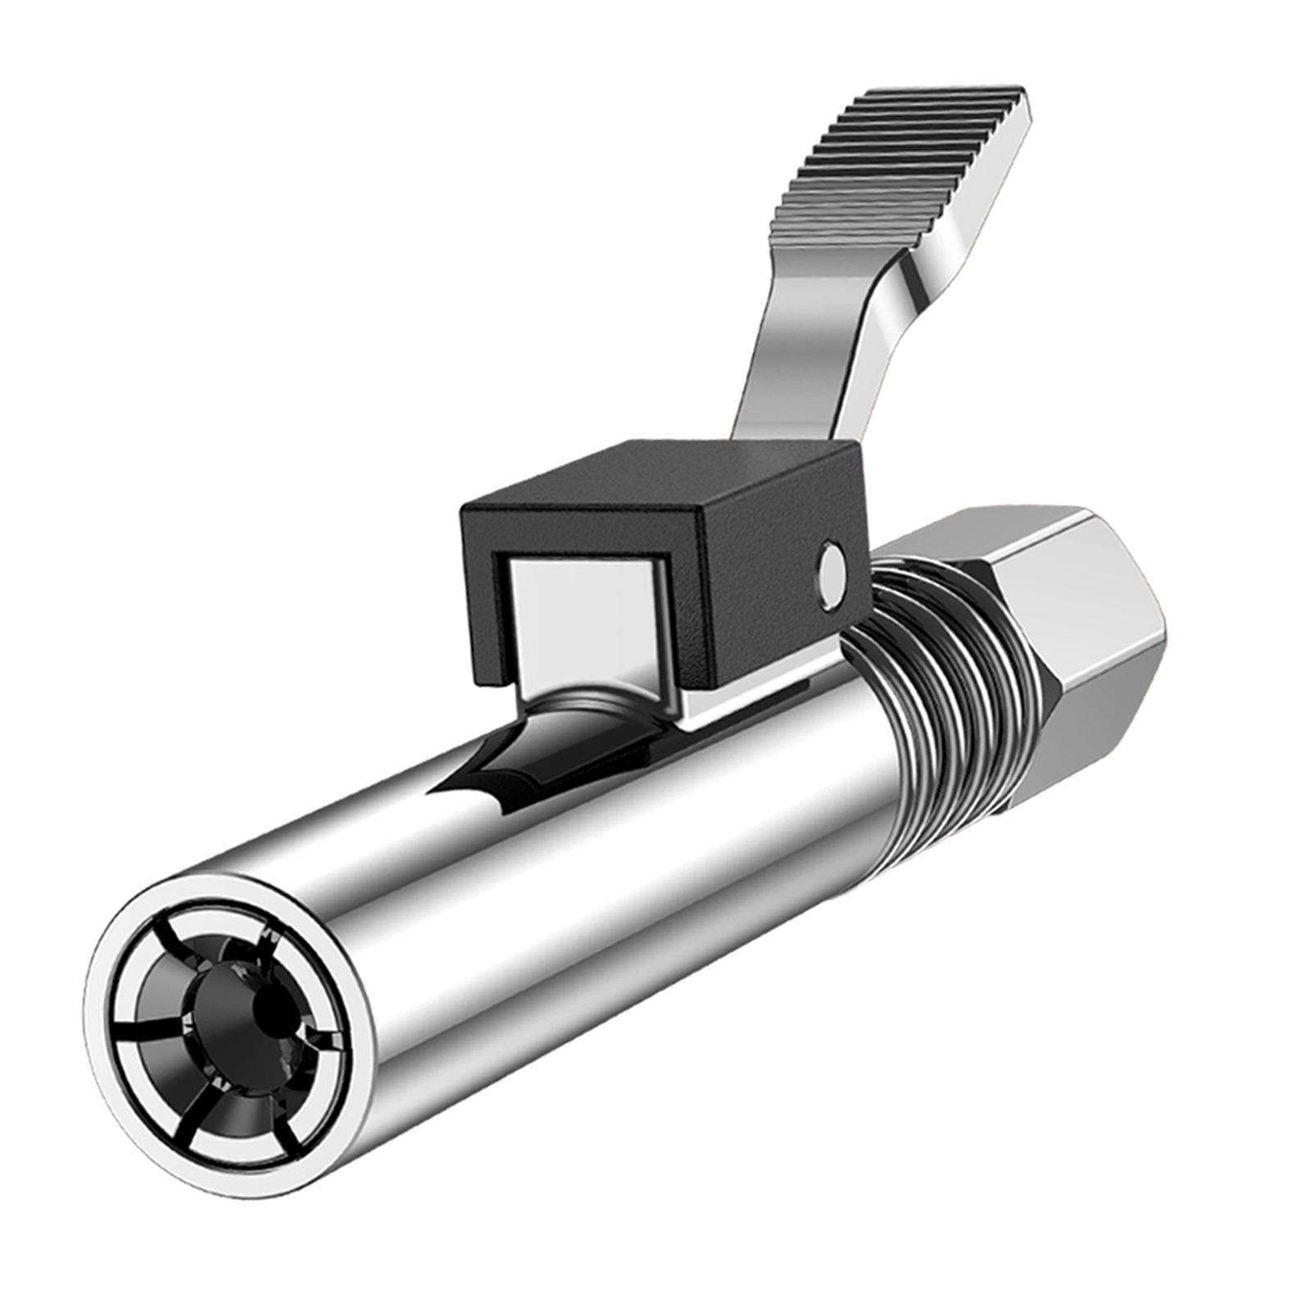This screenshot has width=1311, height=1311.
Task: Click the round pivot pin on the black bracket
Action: point(833,565)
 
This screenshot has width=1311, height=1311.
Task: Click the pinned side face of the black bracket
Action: point(778,590)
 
